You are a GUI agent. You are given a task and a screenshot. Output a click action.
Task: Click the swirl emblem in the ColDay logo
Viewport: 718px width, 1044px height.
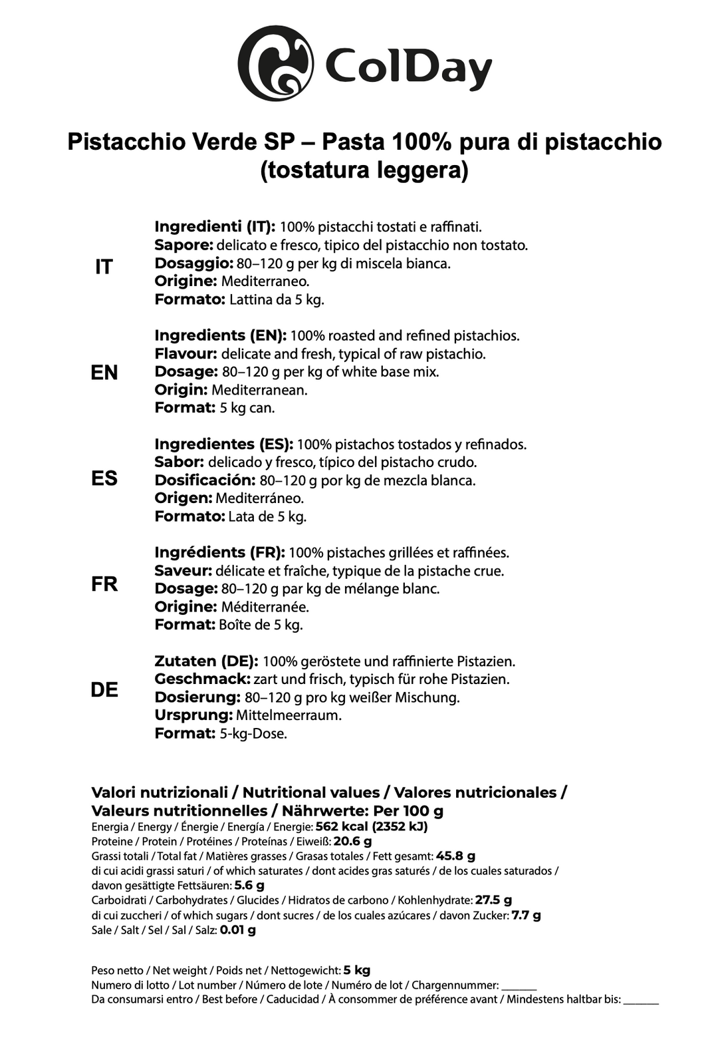[275, 63]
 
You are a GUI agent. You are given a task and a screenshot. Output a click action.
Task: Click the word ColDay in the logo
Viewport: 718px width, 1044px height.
[408, 67]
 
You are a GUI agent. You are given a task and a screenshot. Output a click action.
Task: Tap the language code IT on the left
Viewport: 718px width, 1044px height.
[104, 267]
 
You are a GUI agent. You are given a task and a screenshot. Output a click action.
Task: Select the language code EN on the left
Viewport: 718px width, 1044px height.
[104, 373]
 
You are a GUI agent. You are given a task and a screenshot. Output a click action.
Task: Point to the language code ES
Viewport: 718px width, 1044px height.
[104, 478]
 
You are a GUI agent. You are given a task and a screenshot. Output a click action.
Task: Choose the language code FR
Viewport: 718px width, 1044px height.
[104, 584]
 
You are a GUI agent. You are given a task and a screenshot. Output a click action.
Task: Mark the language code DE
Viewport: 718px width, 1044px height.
[104, 690]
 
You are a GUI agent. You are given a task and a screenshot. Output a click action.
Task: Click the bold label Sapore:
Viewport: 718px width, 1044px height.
[183, 245]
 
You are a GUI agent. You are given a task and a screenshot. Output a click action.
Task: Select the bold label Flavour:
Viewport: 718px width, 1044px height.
[186, 353]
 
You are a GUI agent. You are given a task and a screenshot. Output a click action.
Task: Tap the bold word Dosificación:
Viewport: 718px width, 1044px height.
[205, 480]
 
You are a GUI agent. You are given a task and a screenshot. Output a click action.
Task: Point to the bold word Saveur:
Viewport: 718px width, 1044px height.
[183, 571]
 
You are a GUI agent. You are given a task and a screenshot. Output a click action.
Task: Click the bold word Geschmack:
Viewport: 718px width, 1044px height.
[202, 679]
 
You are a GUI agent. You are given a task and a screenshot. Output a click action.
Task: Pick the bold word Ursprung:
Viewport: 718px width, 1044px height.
[193, 715]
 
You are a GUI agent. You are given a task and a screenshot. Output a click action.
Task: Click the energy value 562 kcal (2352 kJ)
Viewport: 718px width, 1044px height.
[372, 826]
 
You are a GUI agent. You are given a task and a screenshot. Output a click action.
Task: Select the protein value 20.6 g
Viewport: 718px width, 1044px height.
[352, 841]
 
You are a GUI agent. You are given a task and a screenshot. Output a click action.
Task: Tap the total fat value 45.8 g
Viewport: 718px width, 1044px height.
[455, 856]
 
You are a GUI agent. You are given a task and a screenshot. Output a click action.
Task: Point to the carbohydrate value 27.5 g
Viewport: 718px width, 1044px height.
[493, 900]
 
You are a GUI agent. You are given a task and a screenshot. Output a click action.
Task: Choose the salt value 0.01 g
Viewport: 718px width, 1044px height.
[238, 930]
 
